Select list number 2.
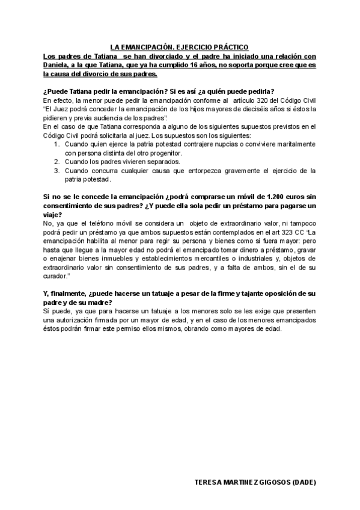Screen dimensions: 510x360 point(56,162)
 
